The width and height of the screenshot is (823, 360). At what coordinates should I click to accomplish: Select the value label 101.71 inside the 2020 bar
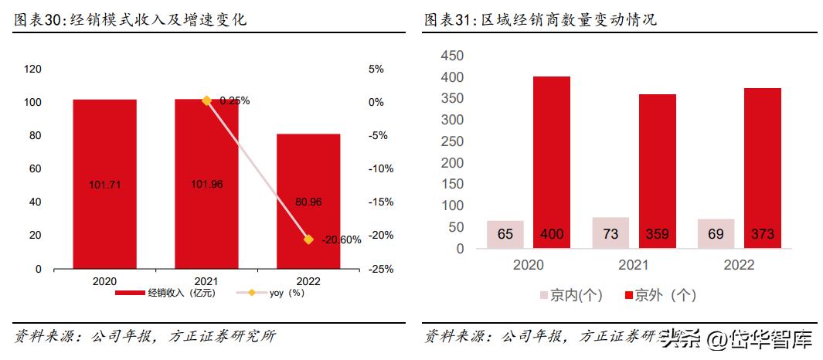(104, 185)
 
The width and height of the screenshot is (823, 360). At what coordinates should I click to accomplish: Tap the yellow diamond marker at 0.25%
(206, 100)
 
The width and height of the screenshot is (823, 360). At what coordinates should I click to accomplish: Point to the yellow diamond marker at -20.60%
(308, 239)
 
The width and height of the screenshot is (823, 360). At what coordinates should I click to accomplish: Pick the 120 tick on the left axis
(33, 69)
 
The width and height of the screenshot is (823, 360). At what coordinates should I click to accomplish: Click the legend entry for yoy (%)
(276, 293)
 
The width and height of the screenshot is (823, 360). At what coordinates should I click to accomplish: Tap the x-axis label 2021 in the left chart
(206, 281)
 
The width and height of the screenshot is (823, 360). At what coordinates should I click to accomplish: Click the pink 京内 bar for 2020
(505, 234)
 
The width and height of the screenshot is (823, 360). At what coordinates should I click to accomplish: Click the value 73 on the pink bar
(610, 234)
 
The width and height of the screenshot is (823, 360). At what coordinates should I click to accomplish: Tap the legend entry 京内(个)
(570, 295)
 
